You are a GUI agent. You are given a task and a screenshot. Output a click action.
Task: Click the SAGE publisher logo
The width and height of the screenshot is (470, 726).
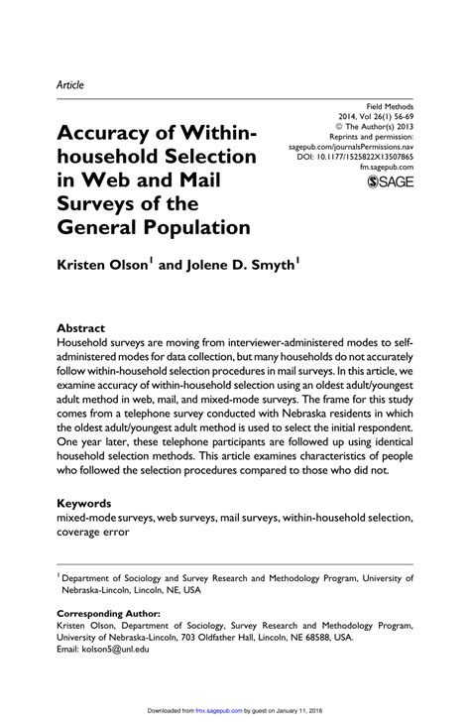pyautogui.click(x=390, y=182)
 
